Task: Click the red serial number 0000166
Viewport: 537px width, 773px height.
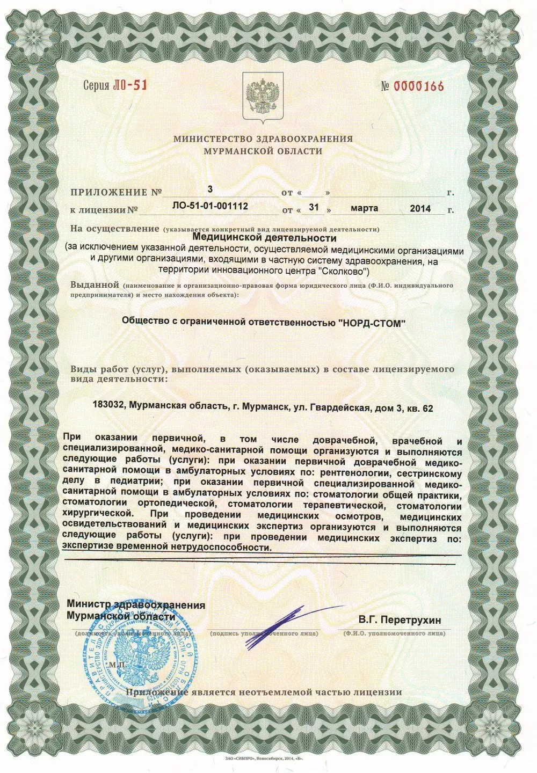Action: pyautogui.click(x=419, y=86)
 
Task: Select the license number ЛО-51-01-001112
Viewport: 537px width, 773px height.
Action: pyautogui.click(x=211, y=206)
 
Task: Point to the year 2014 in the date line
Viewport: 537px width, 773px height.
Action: pyautogui.click(x=420, y=208)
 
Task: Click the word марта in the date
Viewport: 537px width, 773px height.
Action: pyautogui.click(x=365, y=208)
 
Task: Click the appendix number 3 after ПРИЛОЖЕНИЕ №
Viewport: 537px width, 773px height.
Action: pyautogui.click(x=210, y=188)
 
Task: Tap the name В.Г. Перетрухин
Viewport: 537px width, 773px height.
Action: pyautogui.click(x=400, y=620)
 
